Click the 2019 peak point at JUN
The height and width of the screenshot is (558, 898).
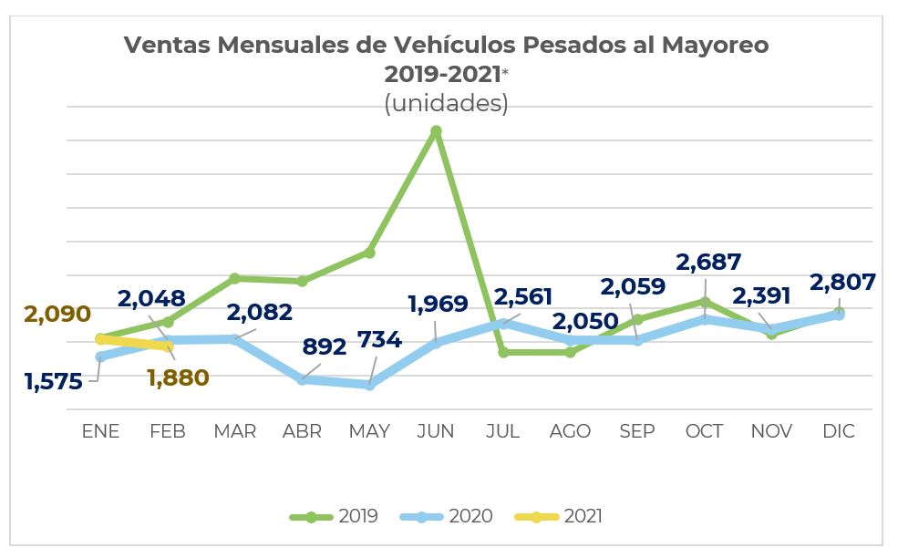436,131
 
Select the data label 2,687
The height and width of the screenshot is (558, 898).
708,263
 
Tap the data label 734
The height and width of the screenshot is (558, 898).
379,340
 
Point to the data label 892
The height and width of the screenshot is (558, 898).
325,347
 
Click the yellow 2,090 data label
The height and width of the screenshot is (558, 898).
57,315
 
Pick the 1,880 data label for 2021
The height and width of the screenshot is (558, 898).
178,377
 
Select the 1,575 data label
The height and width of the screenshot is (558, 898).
54,381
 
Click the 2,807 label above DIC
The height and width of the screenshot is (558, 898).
842,282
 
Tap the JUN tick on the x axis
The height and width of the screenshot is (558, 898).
436,431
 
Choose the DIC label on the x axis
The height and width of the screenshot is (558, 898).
838,431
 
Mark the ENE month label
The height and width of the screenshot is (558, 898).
100,431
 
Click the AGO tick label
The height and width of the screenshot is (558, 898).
570,431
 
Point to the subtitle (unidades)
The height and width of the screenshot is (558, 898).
446,103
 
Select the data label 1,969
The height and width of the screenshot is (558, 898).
437,304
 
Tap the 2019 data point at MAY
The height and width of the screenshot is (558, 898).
369,252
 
